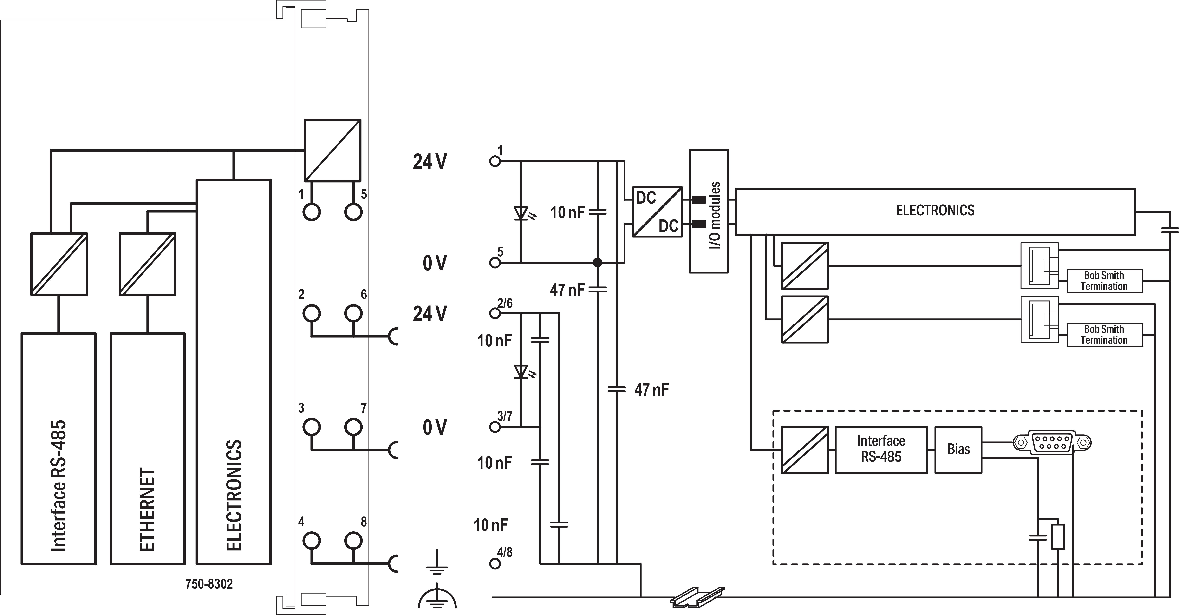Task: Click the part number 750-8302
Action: click(209, 584)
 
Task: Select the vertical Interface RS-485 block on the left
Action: click(59, 449)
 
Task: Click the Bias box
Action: click(958, 450)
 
